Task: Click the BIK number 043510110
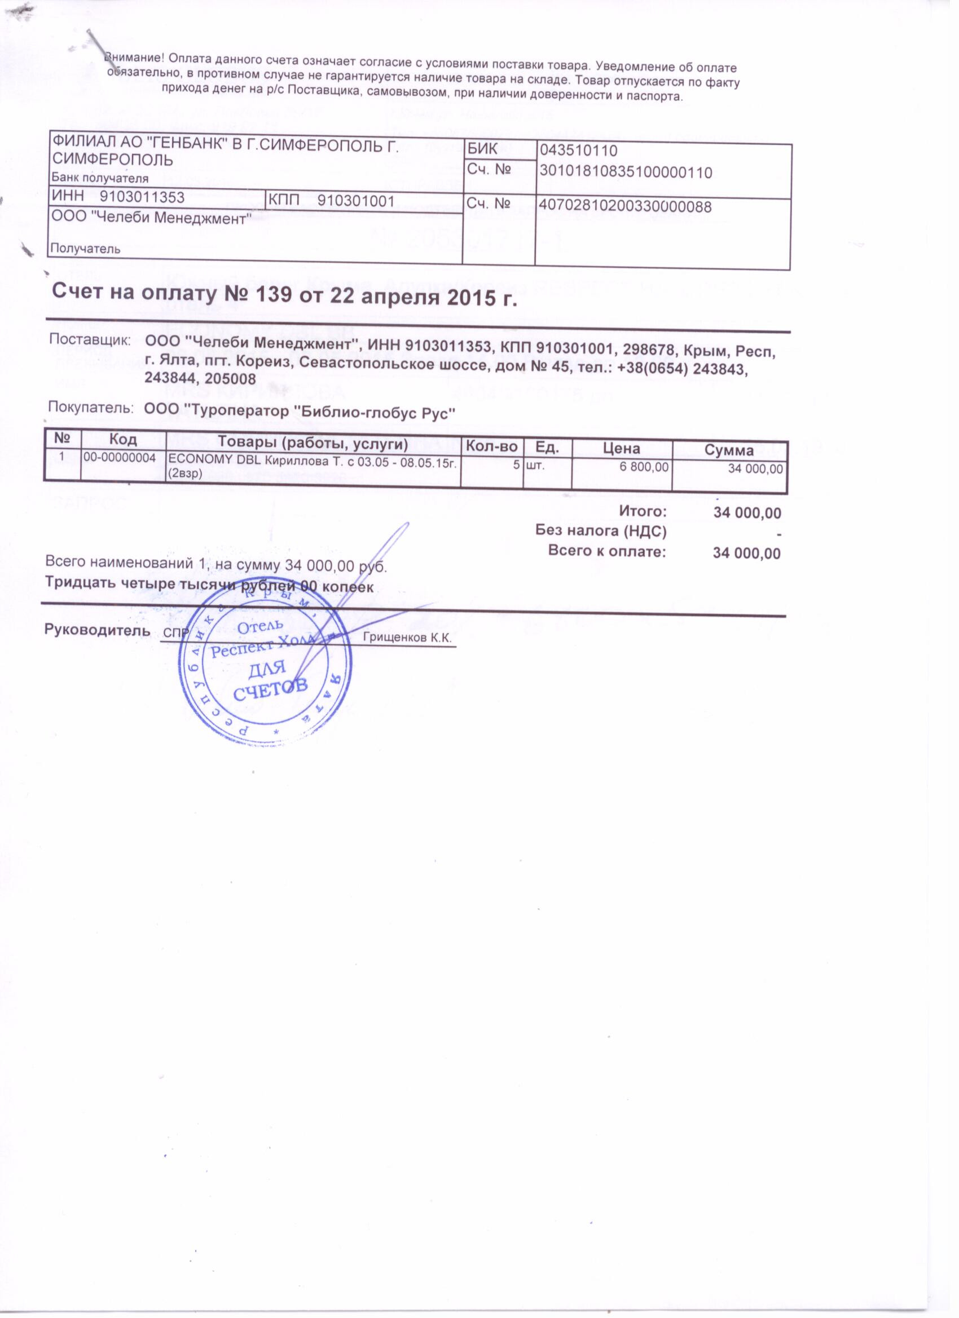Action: [x=578, y=151]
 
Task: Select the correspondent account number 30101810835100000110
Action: [x=626, y=172]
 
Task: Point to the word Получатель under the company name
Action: [x=86, y=249]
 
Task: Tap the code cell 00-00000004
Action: [x=120, y=458]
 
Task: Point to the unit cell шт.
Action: [x=534, y=466]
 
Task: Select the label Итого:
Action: [x=642, y=512]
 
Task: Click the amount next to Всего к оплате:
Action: [x=747, y=553]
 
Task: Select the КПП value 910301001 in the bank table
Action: [x=356, y=202]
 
